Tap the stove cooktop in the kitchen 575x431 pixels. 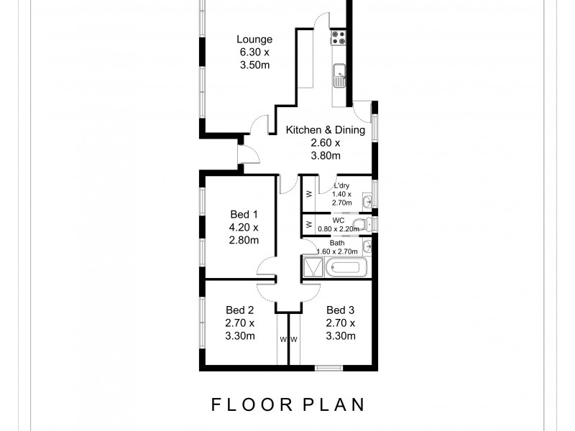[x=339, y=38]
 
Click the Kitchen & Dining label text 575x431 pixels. [x=326, y=130]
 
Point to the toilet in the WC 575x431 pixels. [x=367, y=225]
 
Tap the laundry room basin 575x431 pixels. [x=366, y=200]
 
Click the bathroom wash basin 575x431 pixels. [x=367, y=246]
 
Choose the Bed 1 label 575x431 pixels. [x=243, y=214]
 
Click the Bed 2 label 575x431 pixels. [x=240, y=310]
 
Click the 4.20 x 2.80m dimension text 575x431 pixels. [x=243, y=233]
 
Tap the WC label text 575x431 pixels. [x=339, y=221]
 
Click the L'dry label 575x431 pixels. [x=341, y=186]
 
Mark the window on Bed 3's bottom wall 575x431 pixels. [x=329, y=368]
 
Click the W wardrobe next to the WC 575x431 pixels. [x=309, y=224]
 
